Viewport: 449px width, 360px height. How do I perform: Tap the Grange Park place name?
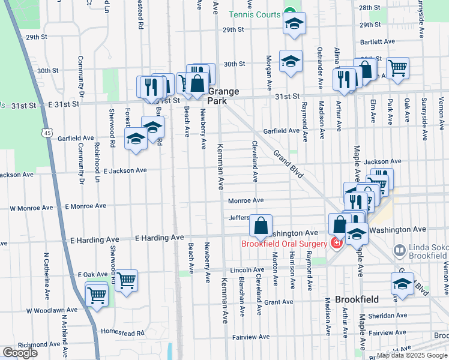[x=224, y=97]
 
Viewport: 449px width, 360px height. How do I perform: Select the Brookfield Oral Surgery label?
[x=284, y=244]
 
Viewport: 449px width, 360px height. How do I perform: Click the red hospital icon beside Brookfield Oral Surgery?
[x=335, y=243]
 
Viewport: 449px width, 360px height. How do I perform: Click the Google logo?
[x=19, y=353]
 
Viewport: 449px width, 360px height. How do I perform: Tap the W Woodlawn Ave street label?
[x=52, y=310]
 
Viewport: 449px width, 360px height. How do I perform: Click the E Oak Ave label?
[x=92, y=274]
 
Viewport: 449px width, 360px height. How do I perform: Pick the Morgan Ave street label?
[x=268, y=70]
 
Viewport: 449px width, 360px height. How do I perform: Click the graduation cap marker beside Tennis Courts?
[x=294, y=24]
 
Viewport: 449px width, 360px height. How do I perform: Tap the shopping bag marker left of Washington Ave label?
[x=261, y=226]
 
